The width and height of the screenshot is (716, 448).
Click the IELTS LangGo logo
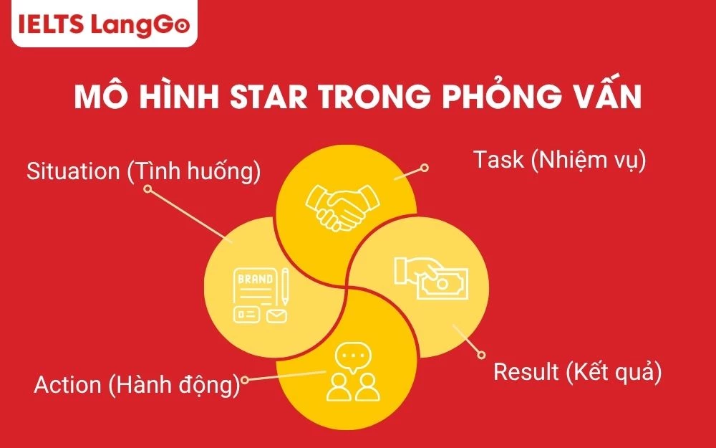coord(100,26)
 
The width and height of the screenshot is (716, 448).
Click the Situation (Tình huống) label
coord(143,172)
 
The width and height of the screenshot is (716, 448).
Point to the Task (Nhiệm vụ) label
coord(559,160)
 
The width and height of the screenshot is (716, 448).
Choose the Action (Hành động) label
coord(136,385)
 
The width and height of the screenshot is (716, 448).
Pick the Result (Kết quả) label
coord(577,373)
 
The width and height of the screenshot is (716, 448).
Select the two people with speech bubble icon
coord(352,373)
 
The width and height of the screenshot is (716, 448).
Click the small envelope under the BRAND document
coord(276,315)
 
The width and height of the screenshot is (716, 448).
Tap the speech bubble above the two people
coord(351,356)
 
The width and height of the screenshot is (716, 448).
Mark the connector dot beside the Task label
coord(424,168)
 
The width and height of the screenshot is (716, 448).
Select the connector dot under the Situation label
coord(147,189)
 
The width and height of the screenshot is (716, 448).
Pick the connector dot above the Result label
coord(481,354)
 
